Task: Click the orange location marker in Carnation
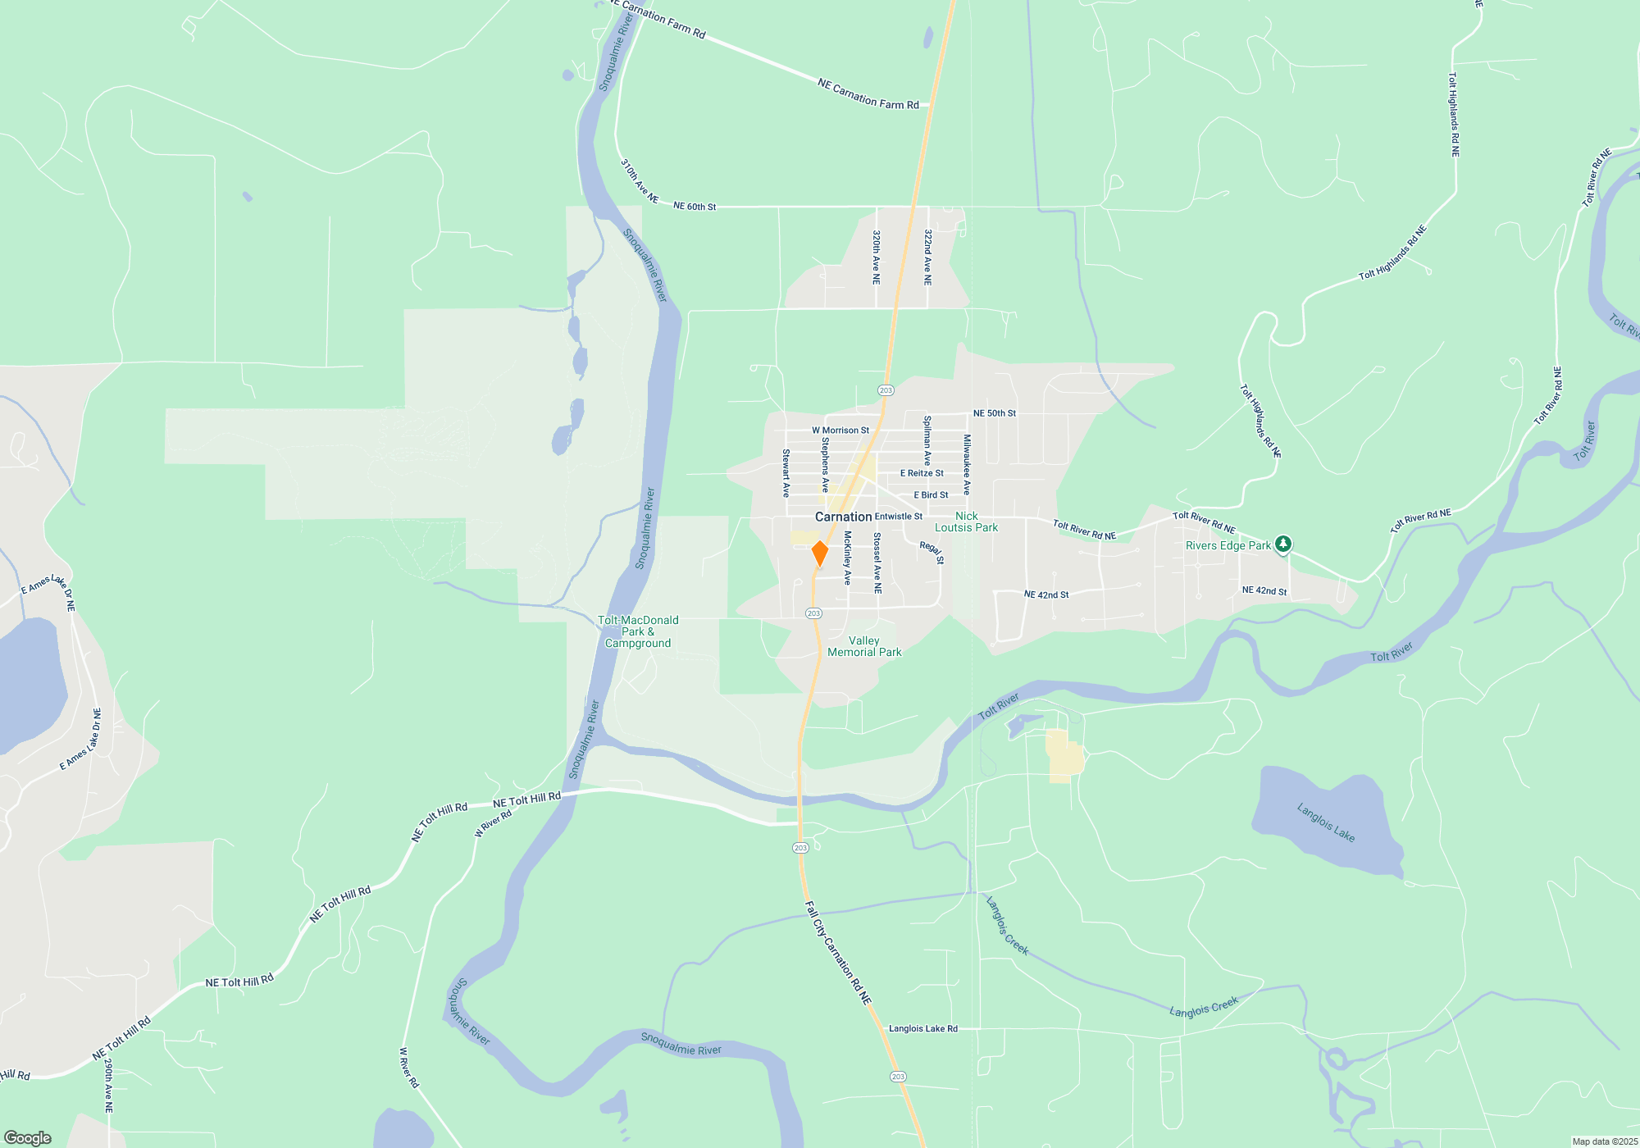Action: coord(819,553)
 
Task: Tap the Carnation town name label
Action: coord(843,517)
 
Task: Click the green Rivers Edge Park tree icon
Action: coord(1283,544)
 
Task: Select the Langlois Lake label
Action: coord(1325,822)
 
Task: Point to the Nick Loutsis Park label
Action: coord(966,522)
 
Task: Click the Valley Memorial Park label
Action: coord(864,647)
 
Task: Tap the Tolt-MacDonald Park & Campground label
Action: coord(638,632)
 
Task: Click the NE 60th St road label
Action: coord(695,207)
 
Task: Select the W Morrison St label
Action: coord(840,430)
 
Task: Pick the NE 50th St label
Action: coord(994,413)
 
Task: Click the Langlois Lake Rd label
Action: coord(922,1028)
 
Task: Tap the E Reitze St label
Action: coord(922,473)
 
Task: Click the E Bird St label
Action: coord(931,495)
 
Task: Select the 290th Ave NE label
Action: coord(108,1085)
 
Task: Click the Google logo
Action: coord(28,1138)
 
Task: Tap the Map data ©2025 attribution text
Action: coord(1605,1141)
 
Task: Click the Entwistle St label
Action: coord(898,517)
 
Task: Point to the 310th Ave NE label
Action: coord(640,181)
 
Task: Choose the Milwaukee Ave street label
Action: coord(967,464)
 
